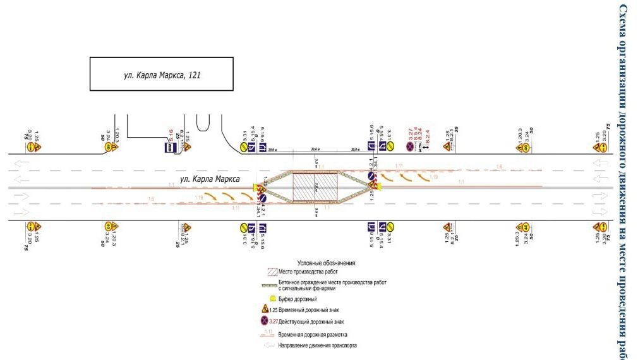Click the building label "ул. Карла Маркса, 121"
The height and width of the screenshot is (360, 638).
tap(161, 75)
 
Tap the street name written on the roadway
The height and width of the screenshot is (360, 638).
tap(210, 179)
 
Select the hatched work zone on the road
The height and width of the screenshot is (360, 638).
tap(315, 187)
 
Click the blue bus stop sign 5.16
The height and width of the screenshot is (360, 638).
tap(170, 148)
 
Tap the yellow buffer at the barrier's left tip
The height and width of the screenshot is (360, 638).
tap(256, 187)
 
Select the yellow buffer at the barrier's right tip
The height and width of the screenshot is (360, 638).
tap(379, 187)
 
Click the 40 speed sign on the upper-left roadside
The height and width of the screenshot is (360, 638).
tap(109, 148)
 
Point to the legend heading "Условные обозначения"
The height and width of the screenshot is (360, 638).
tap(327, 262)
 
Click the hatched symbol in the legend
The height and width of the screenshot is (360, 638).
tap(265, 271)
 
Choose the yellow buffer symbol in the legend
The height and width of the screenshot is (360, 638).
tap(265, 298)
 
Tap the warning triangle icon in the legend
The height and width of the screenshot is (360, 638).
tap(264, 309)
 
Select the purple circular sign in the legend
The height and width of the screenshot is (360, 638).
tap(264, 321)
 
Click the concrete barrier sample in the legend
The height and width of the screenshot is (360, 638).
tap(265, 284)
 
